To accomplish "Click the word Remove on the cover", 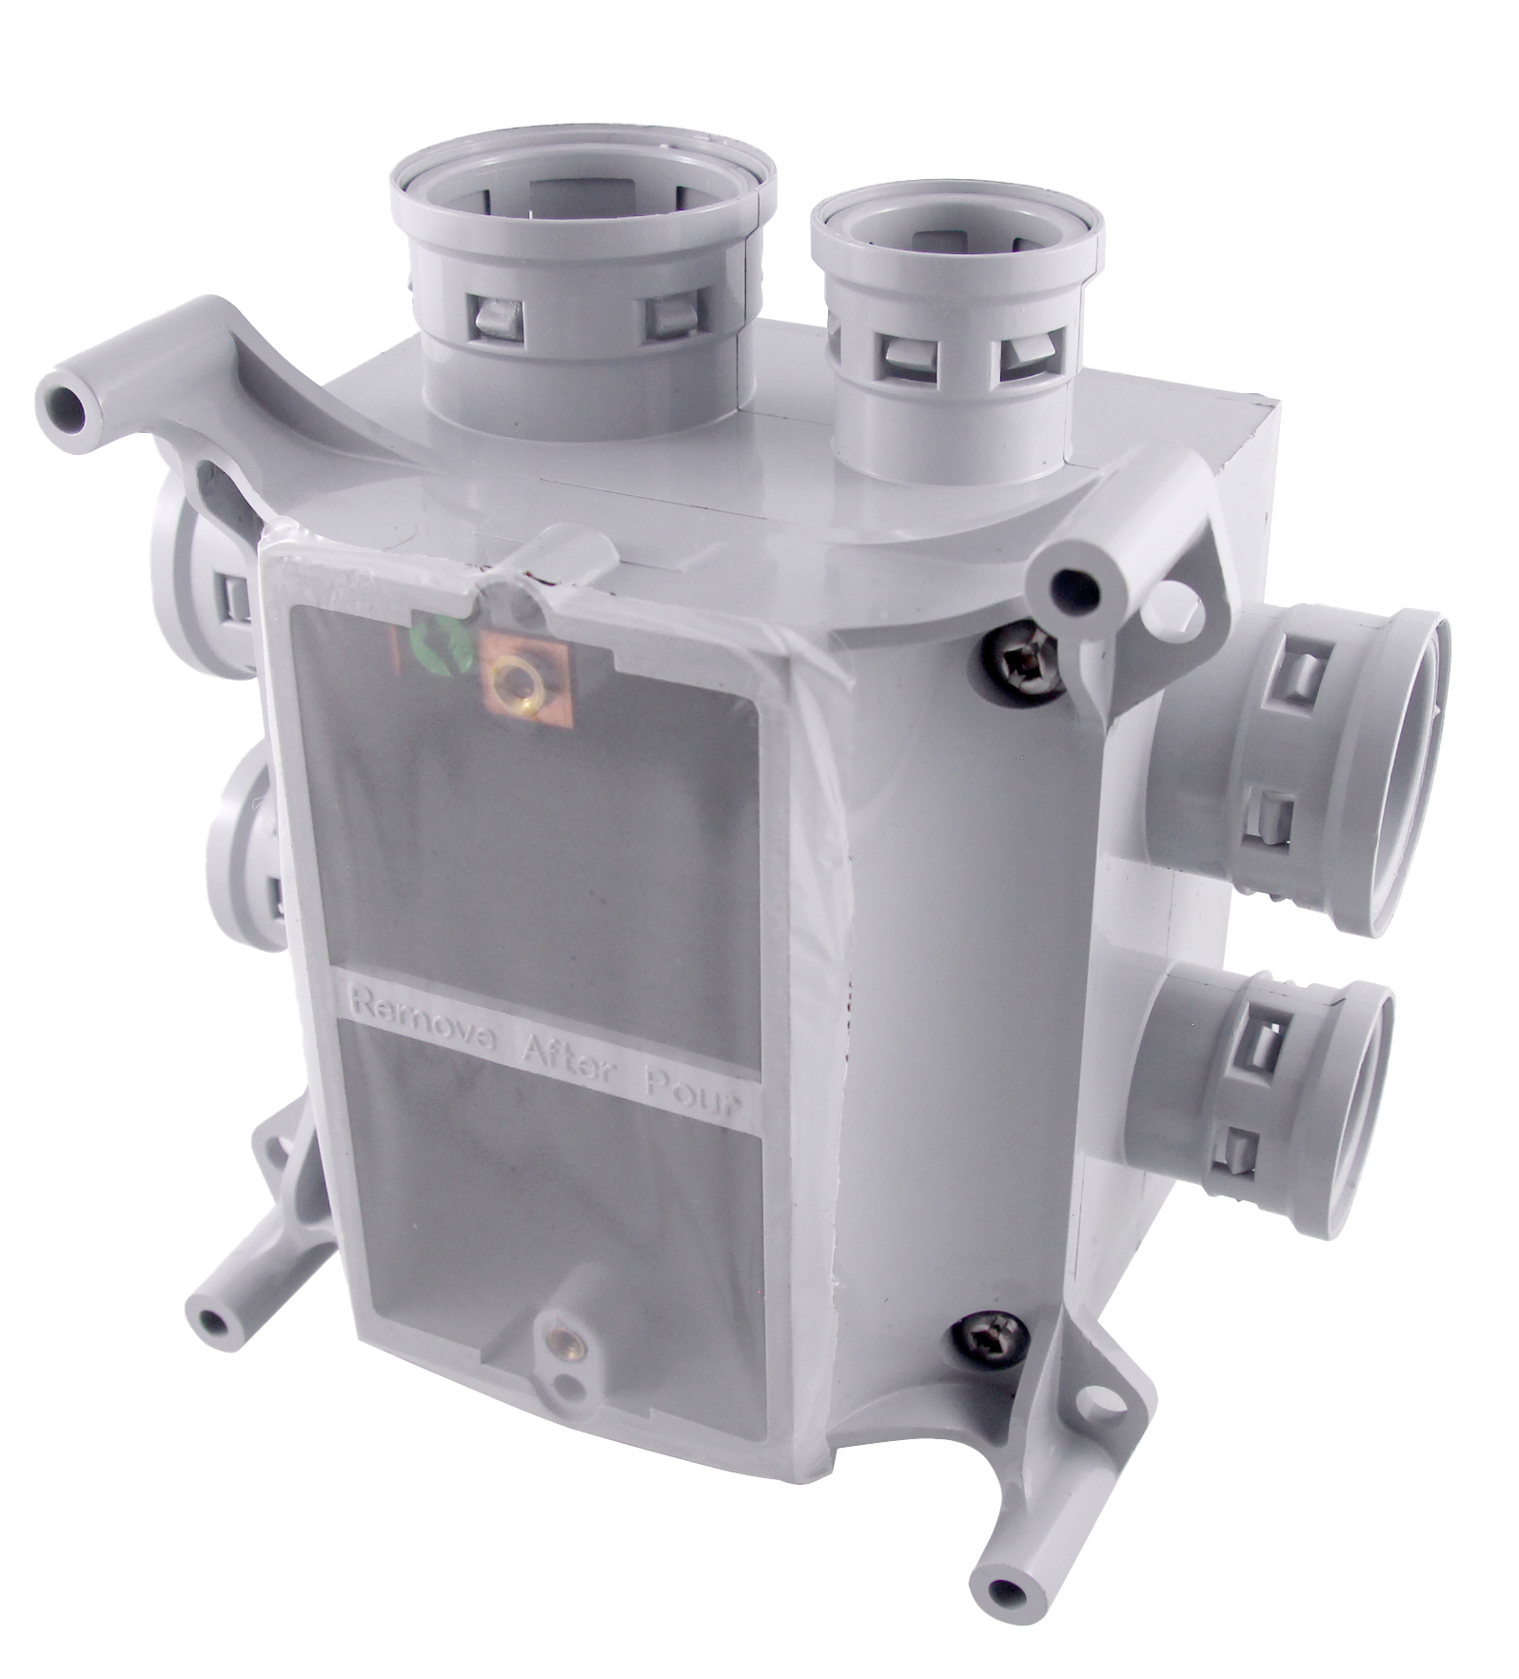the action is point(416,1039).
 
